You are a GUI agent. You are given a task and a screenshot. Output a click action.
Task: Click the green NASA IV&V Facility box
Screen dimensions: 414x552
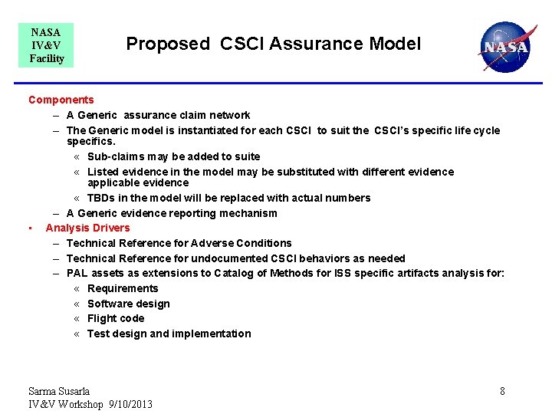[46, 45]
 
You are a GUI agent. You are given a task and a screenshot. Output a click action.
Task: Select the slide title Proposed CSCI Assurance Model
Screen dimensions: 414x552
[274, 44]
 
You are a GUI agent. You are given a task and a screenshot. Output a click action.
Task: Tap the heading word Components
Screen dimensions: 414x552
[61, 100]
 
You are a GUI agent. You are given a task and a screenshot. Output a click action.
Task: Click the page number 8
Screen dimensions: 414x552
[502, 391]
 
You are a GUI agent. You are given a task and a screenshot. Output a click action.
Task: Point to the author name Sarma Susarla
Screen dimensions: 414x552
[59, 391]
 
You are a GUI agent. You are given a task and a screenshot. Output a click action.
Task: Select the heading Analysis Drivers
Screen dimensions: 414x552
[87, 228]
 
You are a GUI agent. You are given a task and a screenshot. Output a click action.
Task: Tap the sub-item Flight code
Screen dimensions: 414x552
[116, 318]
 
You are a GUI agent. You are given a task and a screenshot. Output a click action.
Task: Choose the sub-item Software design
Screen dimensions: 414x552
[129, 304]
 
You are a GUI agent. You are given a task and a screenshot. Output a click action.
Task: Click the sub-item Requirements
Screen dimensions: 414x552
[123, 288]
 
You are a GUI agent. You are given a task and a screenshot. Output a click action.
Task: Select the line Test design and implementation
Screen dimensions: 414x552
[169, 333]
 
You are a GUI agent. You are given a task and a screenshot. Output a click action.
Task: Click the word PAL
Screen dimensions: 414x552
[77, 273]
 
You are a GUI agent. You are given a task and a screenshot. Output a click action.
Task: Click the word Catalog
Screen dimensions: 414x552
[234, 273]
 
